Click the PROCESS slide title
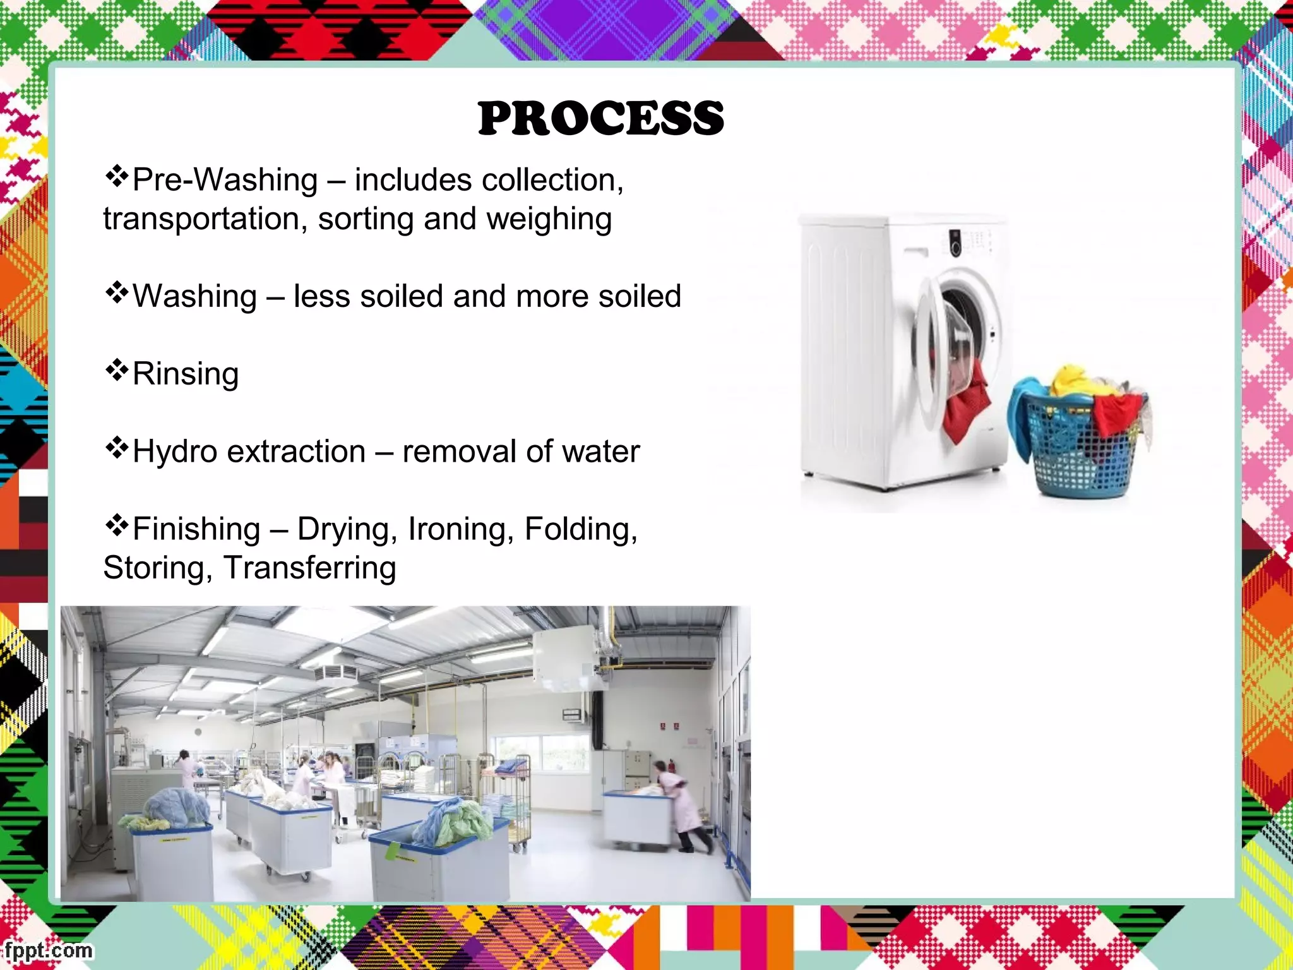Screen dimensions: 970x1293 (600, 119)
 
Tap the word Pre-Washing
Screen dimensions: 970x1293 (225, 180)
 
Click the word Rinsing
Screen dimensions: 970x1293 (186, 373)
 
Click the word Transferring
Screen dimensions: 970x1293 (309, 568)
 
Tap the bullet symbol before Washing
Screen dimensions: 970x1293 (116, 293)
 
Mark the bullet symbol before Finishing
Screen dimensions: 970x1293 (116, 525)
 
